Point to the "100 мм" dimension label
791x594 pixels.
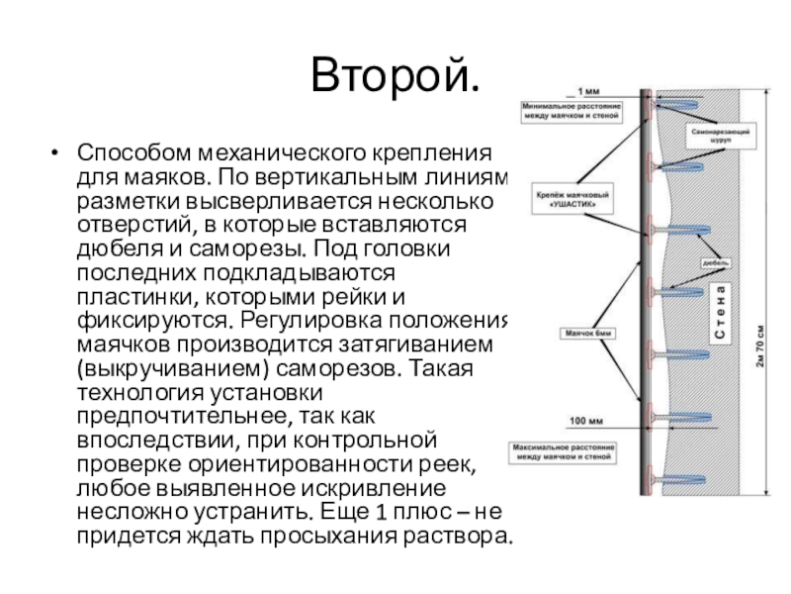591,420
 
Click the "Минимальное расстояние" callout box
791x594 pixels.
571,112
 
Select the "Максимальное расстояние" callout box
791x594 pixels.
565,452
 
